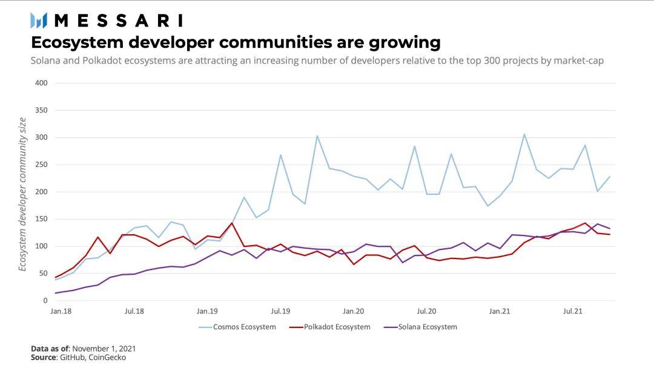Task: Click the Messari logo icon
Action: (x=39, y=21)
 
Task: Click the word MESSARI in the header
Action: (x=118, y=21)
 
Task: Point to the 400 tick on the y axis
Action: (x=41, y=83)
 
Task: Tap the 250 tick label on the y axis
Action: (x=41, y=165)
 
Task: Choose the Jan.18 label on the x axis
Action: (x=61, y=311)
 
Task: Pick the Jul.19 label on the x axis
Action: (x=280, y=311)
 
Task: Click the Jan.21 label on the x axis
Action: (x=500, y=311)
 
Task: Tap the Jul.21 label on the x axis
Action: (x=573, y=311)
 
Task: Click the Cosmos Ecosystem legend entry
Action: (x=237, y=327)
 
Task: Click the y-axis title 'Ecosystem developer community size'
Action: (x=22, y=194)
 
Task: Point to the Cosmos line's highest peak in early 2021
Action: (x=524, y=134)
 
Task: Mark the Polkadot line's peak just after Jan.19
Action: (x=232, y=223)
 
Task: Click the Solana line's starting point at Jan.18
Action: (x=55, y=293)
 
